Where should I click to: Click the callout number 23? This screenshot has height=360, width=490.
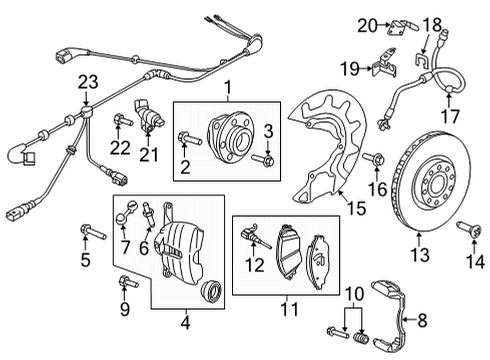point(88,82)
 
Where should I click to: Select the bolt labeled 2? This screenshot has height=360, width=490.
point(190,139)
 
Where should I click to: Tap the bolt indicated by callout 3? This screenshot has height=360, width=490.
point(263,159)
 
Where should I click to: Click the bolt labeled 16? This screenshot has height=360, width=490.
point(374,159)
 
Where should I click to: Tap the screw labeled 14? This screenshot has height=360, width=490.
point(469,230)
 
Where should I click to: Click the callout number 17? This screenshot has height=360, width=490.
point(450,116)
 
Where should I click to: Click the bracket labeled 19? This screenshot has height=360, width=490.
point(385,64)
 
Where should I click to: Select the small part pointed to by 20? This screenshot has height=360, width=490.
point(401,27)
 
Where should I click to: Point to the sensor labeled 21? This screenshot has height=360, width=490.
point(149,116)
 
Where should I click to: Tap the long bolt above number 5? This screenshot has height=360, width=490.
point(94,232)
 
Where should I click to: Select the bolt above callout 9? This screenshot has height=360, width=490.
point(128,281)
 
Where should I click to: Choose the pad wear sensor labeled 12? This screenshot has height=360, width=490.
point(255,236)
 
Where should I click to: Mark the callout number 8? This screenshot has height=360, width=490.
point(422,321)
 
